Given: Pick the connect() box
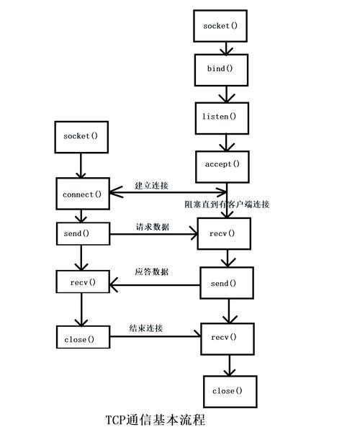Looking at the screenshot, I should pyautogui.click(x=81, y=194).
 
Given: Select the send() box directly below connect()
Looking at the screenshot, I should pyautogui.click(x=81, y=233).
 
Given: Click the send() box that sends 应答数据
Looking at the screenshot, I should pyautogui.click(x=226, y=283).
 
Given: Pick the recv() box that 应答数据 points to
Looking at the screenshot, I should pyautogui.click(x=81, y=281).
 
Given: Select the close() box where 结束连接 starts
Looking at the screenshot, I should pyautogui.click(x=81, y=338).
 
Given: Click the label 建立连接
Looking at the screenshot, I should pyautogui.click(x=151, y=186).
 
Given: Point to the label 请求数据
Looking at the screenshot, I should pyautogui.click(x=152, y=227).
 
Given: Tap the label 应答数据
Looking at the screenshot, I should pyautogui.click(x=151, y=272).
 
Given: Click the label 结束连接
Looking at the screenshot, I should pyautogui.click(x=145, y=328).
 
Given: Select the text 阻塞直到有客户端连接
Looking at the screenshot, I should pyautogui.click(x=227, y=204).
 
